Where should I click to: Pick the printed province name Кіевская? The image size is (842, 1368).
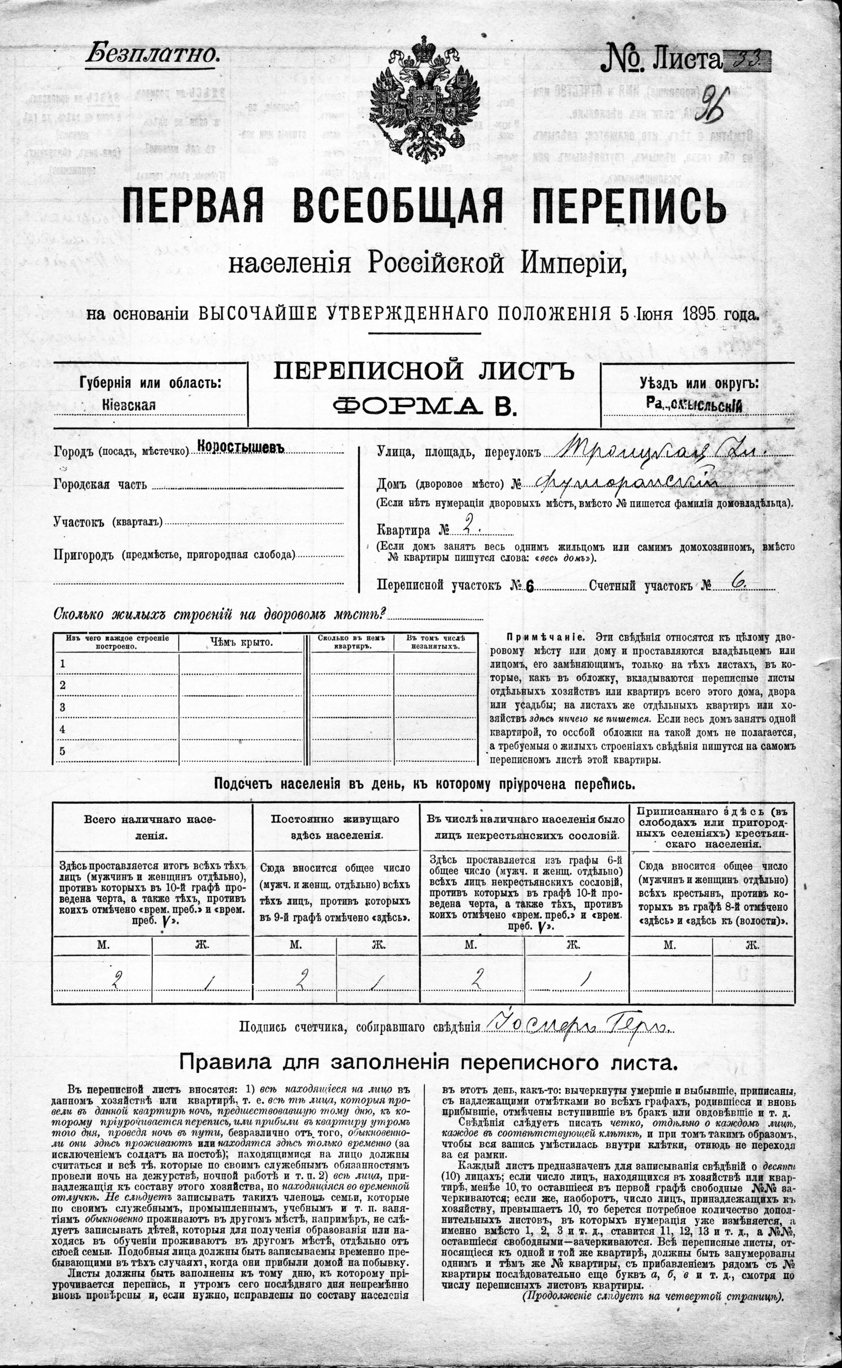tap(129, 405)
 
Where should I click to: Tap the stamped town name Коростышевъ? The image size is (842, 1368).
tap(241, 448)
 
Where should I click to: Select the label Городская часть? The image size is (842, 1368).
tap(100, 485)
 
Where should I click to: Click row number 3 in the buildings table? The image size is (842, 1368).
tap(63, 707)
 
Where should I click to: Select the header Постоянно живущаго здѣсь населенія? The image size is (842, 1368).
tap(335, 827)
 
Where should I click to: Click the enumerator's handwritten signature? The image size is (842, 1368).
tap(579, 1026)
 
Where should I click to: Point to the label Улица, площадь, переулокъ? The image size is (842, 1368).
tap(459, 452)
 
